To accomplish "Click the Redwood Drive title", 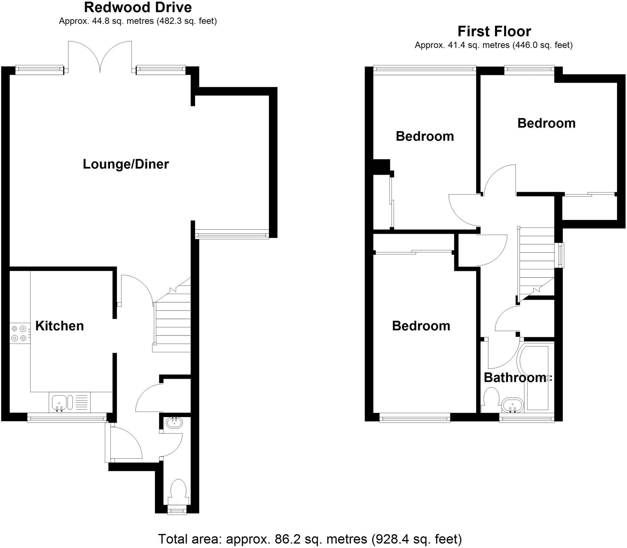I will (138, 7).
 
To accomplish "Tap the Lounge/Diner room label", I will (126, 164).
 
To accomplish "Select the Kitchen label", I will (59, 326).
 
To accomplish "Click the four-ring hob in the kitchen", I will (19, 333).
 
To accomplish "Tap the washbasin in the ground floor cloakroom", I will (174, 423).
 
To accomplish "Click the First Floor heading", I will (494, 32).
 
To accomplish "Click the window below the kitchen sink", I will (67, 418).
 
